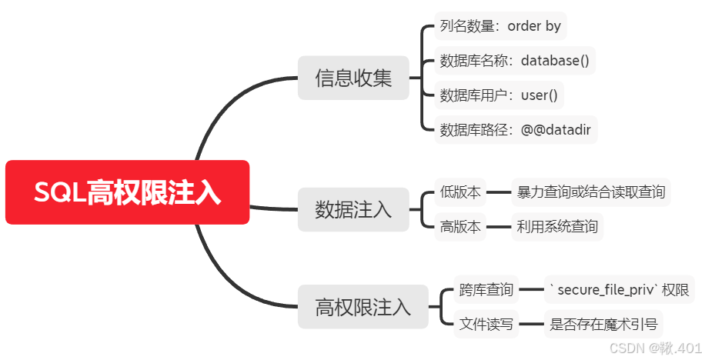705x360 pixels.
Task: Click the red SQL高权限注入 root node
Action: tap(127, 192)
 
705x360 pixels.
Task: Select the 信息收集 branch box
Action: tap(352, 78)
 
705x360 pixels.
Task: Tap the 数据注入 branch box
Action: tap(352, 209)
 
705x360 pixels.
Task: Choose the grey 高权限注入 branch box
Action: tap(363, 308)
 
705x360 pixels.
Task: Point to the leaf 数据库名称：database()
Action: tap(514, 61)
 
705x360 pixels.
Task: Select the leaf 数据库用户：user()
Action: tap(499, 95)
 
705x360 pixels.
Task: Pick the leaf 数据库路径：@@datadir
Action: tap(515, 130)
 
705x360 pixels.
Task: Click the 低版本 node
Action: tap(460, 192)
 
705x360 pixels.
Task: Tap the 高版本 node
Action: tap(460, 227)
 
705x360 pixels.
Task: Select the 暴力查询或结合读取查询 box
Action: tap(591, 192)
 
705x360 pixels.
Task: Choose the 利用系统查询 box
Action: tap(557, 227)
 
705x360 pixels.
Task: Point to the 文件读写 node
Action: tap(486, 325)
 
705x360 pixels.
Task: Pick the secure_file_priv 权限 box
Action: tap(620, 290)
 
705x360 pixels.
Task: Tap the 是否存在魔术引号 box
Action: tap(603, 325)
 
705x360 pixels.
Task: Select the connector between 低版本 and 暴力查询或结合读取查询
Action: tap(499, 192)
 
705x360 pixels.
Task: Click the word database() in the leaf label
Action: tap(554, 61)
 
